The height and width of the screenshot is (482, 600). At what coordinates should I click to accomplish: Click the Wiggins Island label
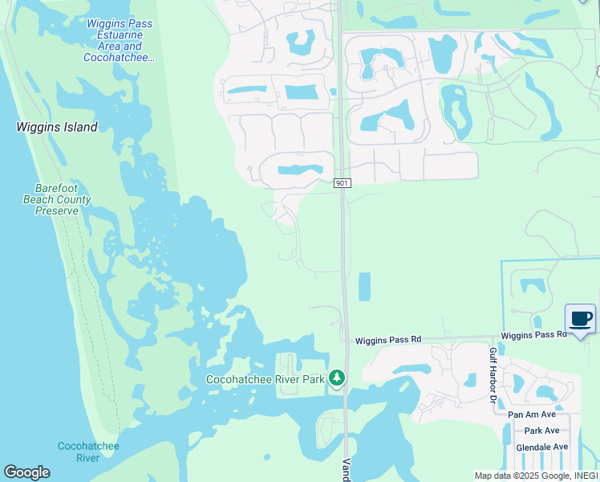point(57,127)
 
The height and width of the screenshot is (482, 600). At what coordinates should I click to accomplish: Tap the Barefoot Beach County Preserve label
point(57,199)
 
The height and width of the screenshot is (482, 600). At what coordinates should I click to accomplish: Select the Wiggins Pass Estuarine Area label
point(119,40)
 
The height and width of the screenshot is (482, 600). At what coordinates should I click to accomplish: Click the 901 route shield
point(343,184)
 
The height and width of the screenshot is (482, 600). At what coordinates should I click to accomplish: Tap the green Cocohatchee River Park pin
point(338,378)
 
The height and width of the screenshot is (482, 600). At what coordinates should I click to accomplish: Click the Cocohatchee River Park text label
point(265,379)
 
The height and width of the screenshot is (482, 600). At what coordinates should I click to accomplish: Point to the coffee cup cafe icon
point(581,319)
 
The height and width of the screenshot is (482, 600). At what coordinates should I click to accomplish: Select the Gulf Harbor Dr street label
point(493,376)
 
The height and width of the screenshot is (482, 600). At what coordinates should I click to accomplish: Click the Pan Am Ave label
point(532,415)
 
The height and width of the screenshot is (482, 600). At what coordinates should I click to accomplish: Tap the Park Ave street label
point(541,431)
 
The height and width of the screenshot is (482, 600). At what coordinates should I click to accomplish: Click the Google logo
point(26,472)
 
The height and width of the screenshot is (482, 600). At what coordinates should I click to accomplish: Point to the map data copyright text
point(536,476)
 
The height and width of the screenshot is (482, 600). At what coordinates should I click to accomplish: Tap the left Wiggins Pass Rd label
point(388,340)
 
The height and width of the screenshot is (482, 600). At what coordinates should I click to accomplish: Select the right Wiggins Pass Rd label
point(529,335)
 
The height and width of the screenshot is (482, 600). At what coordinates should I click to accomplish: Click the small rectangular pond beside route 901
point(364,287)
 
